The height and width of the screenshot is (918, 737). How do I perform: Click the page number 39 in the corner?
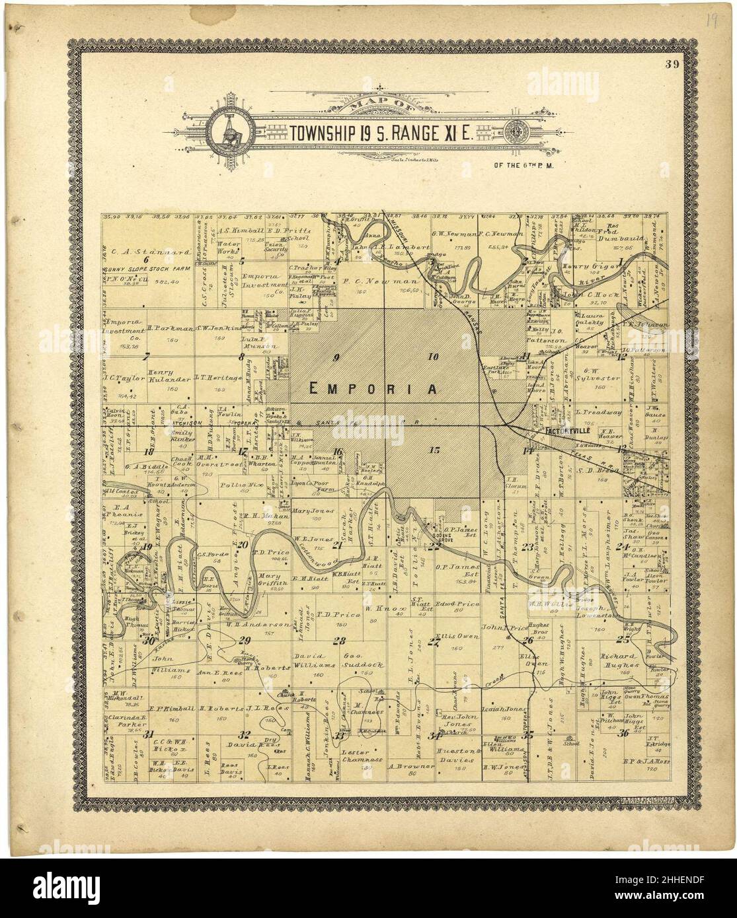click(x=673, y=64)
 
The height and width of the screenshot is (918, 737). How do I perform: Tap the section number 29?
click(x=245, y=639)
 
